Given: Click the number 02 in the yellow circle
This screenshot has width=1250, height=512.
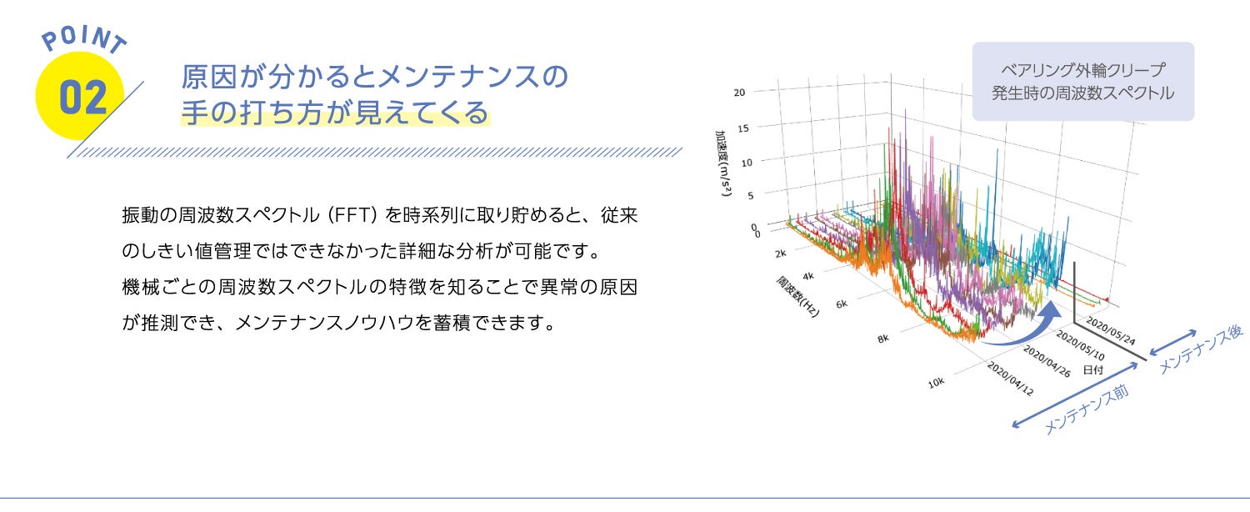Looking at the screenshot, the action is coord(82,97).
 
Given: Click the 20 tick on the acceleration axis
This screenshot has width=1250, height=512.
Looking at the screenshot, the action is coord(739,93).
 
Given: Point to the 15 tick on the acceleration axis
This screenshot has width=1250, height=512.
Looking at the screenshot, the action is coord(742,128).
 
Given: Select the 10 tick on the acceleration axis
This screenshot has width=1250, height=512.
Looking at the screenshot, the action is coord(747,163).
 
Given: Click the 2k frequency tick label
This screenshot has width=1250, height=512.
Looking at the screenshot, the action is coord(780,253).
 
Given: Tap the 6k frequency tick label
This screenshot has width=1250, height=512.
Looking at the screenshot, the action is coord(842,304).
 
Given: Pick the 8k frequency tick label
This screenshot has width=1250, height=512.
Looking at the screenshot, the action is coord(882,339).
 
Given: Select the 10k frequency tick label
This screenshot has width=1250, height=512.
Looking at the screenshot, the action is coord(936,383).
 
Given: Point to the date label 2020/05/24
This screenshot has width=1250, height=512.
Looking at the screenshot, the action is coord(1111,331).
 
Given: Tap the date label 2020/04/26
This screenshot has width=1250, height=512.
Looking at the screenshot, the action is coord(1047,361).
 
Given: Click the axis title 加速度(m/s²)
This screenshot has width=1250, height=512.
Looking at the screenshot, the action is coord(724,163).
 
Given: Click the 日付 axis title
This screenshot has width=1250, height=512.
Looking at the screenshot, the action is coord(1092,369).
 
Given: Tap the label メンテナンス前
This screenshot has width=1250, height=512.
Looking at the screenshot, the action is coord(1086,409).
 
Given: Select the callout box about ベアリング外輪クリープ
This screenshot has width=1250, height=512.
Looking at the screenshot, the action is coord(1083,82).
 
